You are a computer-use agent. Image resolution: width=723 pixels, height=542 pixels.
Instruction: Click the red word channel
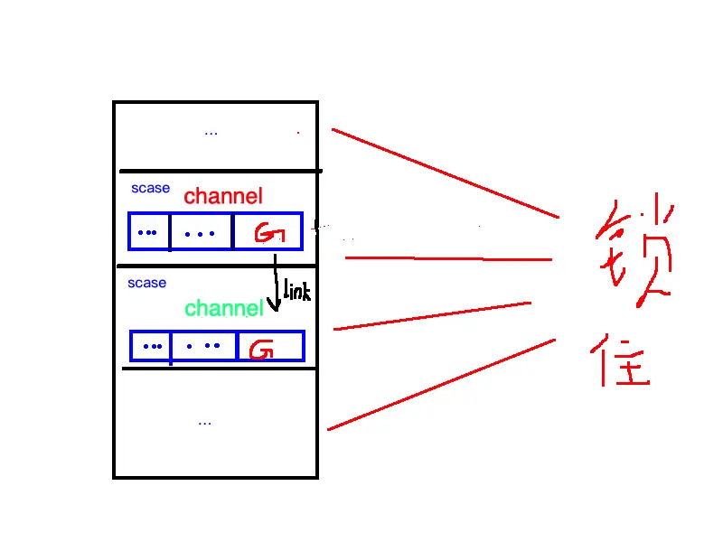pos(223,196)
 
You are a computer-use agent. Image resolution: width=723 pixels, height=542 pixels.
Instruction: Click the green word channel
pos(223,309)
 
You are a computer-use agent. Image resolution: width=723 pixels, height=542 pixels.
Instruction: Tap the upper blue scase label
pos(150,189)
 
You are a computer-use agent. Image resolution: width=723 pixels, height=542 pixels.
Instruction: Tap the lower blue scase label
pos(146,284)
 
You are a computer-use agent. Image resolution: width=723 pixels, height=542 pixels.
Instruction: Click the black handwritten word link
pos(297,291)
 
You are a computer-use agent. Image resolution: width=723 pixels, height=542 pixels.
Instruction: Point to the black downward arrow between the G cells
pos(276,285)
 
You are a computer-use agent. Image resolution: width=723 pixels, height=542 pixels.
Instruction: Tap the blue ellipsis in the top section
pos(211,133)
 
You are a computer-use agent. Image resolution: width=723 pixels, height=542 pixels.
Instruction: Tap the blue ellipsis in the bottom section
pos(204,422)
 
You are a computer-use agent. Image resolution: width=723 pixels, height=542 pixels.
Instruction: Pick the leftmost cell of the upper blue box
pos(148,231)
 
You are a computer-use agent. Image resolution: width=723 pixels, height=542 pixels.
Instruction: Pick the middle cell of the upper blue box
pos(201,231)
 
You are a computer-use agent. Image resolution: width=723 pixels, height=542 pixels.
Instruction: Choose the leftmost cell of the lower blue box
pos(151,346)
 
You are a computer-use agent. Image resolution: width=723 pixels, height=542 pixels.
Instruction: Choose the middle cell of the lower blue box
pos(203,346)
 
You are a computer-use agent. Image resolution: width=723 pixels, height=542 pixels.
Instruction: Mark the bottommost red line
pos(440,384)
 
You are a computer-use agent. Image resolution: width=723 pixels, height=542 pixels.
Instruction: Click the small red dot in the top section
pos(298,133)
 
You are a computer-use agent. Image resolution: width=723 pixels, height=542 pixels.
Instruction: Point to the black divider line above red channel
pos(220,171)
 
